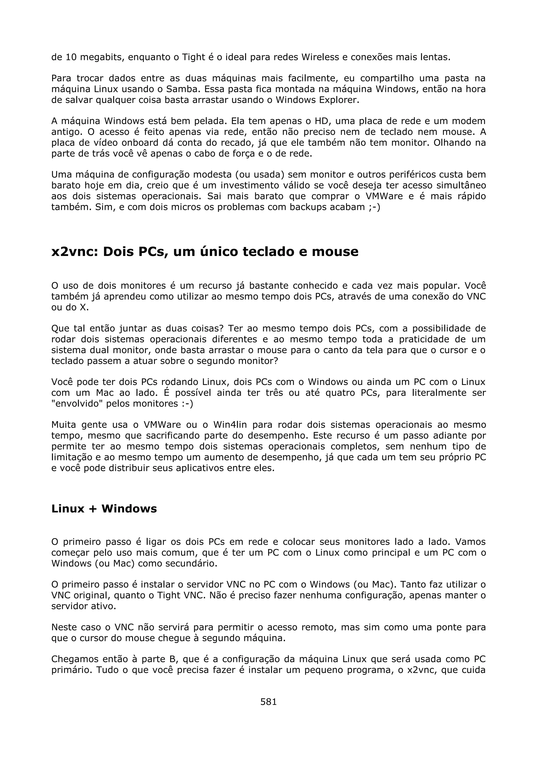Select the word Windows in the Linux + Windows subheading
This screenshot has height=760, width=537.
pyautogui.click(x=129, y=509)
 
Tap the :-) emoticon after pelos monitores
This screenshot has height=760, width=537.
pyautogui.click(x=187, y=404)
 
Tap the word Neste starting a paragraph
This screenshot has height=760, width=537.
pyautogui.click(x=65, y=627)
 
